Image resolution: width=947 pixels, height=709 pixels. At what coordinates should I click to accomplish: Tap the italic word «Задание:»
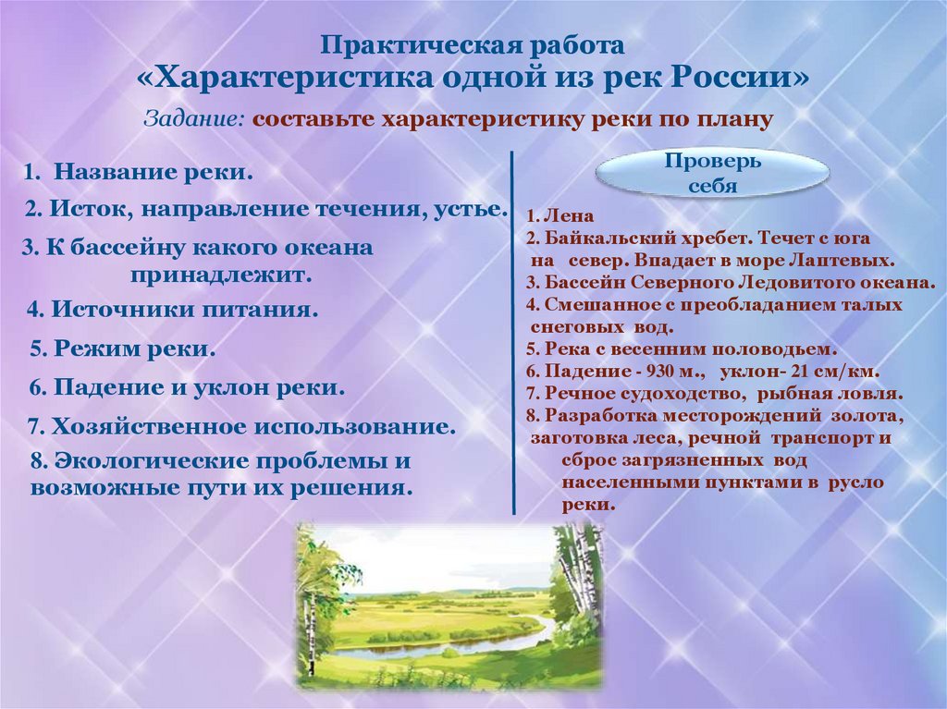point(194,120)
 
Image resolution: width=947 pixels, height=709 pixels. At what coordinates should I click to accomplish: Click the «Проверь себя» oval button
point(712,173)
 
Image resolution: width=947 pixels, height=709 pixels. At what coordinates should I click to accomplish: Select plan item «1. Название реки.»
point(139,172)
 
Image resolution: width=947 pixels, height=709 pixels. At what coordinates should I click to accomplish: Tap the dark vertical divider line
point(512,333)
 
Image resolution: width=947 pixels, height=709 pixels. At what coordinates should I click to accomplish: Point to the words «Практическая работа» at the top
point(473,45)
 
